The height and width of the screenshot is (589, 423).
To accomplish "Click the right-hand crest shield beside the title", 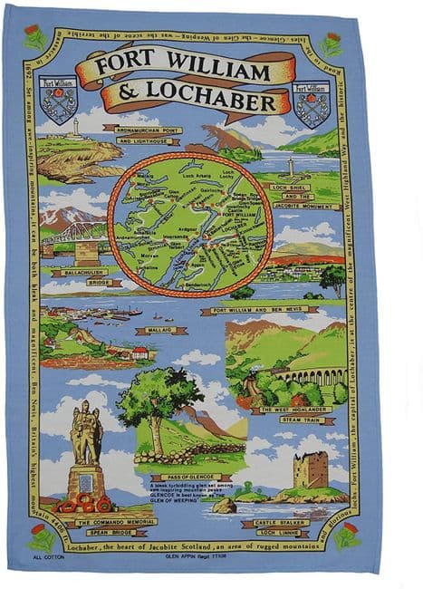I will pyautogui.click(x=311, y=101).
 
